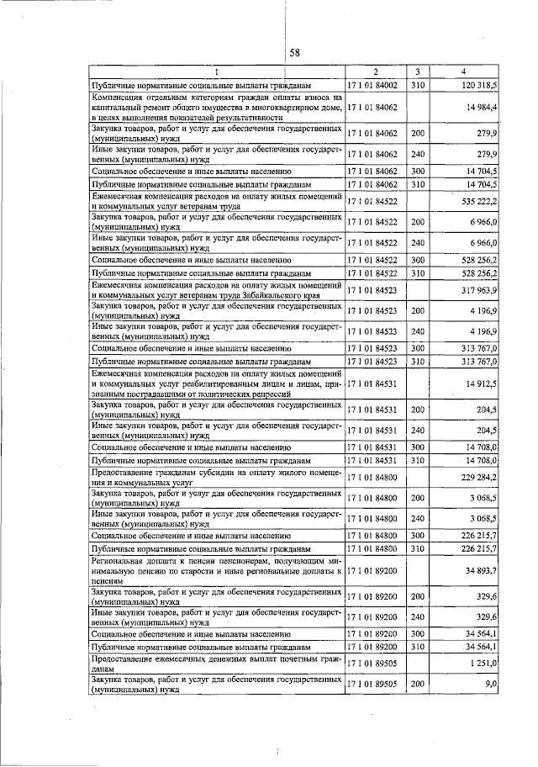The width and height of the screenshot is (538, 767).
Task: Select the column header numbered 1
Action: (x=216, y=73)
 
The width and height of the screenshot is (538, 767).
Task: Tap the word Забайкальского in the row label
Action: (x=288, y=295)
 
